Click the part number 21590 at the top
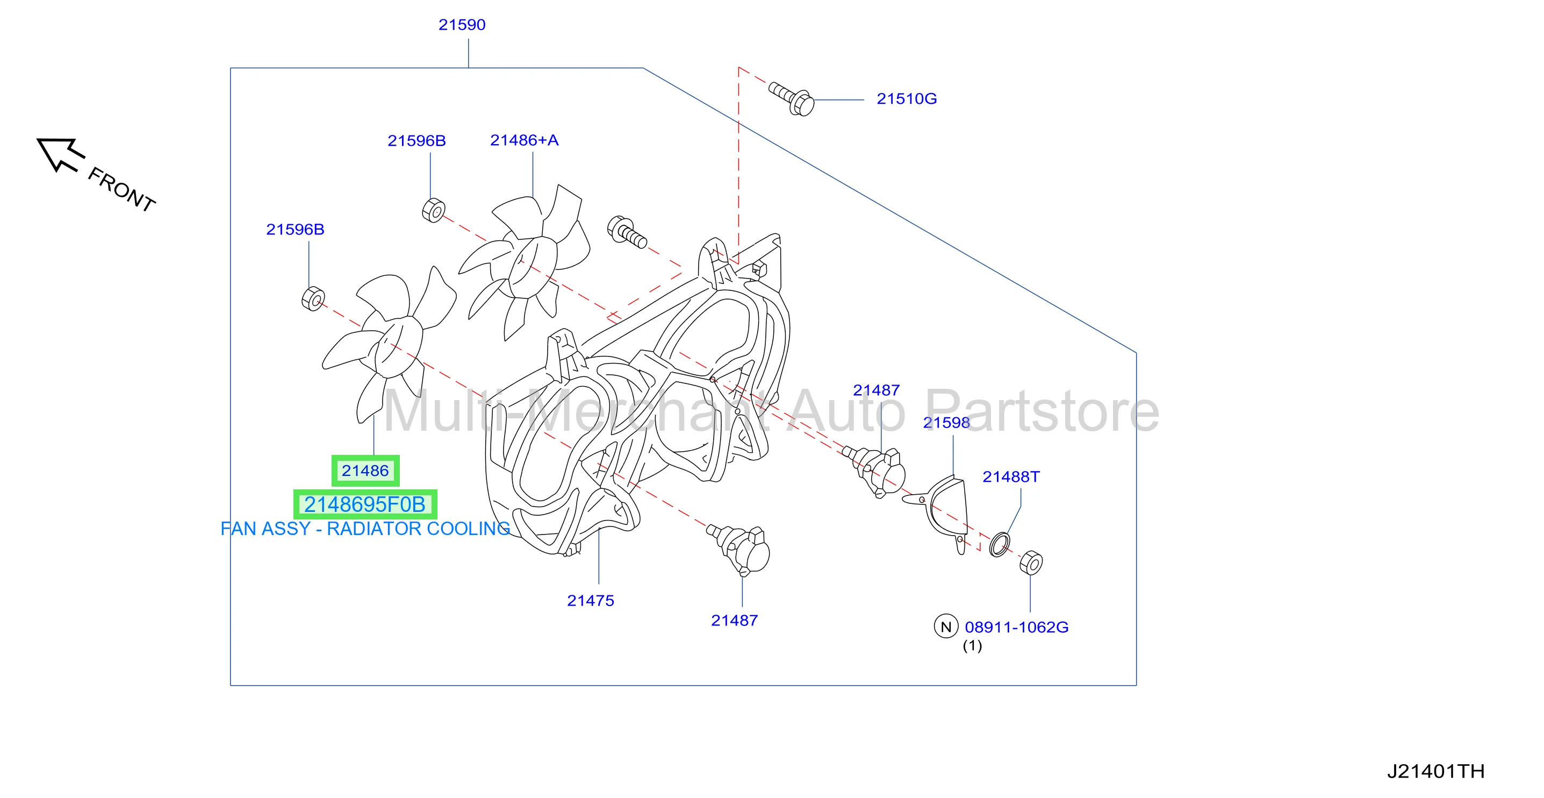[x=462, y=25]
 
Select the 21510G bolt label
[x=906, y=99]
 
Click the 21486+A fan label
[x=524, y=140]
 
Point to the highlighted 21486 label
[x=365, y=471]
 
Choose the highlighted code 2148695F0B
[x=365, y=505]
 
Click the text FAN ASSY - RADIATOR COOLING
[x=365, y=529]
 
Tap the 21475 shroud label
[x=591, y=601]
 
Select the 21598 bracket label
[x=946, y=423]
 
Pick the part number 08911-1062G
[x=1017, y=628]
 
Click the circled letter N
[x=946, y=626]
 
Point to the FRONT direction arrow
[x=61, y=154]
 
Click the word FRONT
[x=121, y=189]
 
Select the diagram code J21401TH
[x=1435, y=772]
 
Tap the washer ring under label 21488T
[x=999, y=544]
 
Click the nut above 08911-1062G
[x=1031, y=562]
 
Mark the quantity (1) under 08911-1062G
[x=972, y=646]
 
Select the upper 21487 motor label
[x=877, y=390]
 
